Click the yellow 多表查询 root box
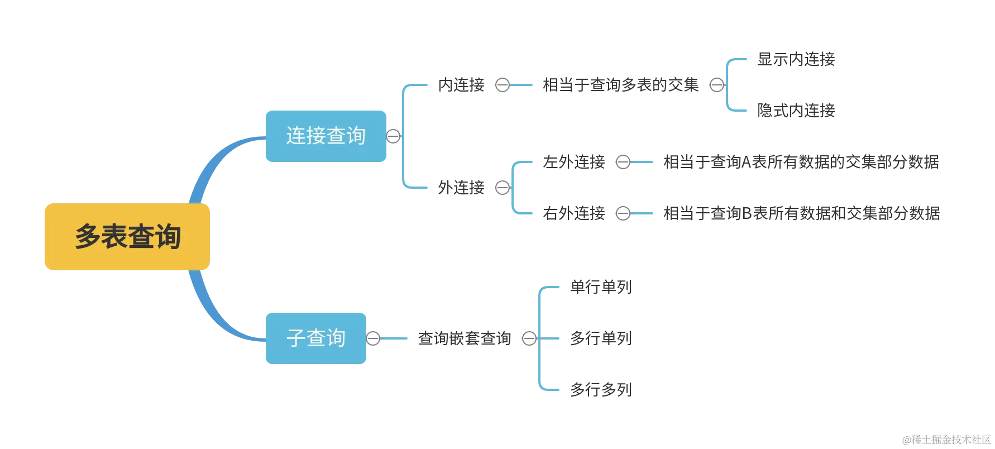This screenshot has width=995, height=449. (x=127, y=237)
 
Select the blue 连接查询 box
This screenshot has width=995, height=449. (x=326, y=136)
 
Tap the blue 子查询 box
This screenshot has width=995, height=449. (x=315, y=338)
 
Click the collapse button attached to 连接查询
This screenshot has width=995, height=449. (x=393, y=136)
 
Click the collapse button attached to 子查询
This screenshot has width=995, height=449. (x=373, y=338)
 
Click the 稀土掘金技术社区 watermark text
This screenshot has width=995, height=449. (x=946, y=439)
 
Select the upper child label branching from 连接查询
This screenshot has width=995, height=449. (x=462, y=85)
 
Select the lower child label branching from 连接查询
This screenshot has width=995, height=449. (x=462, y=187)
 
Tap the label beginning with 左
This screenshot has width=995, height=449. (x=574, y=162)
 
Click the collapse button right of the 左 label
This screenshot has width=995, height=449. (x=623, y=162)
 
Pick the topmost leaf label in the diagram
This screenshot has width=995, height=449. (x=795, y=58)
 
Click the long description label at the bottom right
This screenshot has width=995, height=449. (x=802, y=214)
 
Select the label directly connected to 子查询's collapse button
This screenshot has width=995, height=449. (x=464, y=338)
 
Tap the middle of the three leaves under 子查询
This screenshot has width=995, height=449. (x=601, y=338)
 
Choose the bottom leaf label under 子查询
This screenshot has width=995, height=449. (x=601, y=389)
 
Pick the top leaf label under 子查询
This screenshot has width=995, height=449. (x=601, y=287)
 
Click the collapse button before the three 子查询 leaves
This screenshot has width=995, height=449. (x=529, y=338)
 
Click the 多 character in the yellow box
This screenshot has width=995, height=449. (x=88, y=237)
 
